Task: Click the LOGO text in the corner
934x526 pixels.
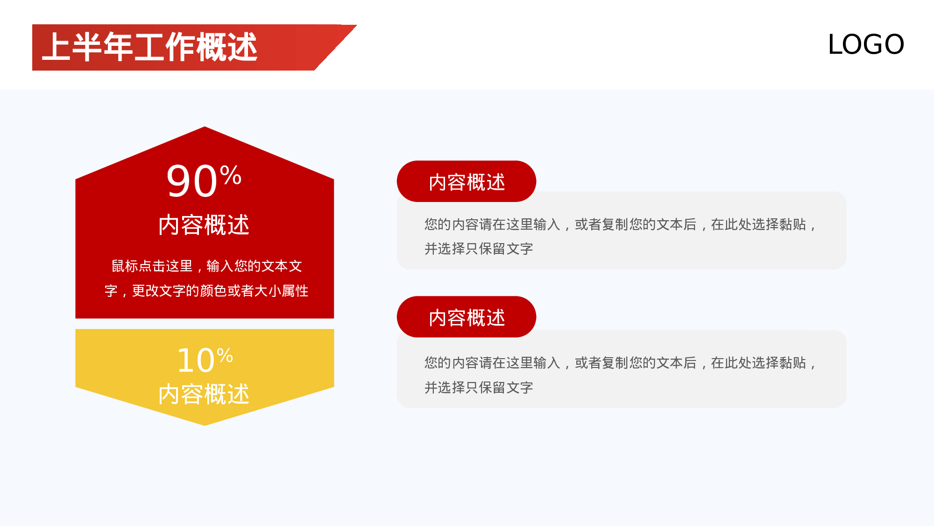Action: pyautogui.click(x=866, y=44)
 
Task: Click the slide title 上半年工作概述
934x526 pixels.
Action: pyautogui.click(x=149, y=47)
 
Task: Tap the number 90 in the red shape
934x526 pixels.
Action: pyautogui.click(x=191, y=181)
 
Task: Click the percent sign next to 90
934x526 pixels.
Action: pyautogui.click(x=231, y=175)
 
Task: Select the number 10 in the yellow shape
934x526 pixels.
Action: pyautogui.click(x=196, y=361)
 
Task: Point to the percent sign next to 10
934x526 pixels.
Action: pyautogui.click(x=225, y=356)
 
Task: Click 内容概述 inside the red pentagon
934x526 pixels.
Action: pyautogui.click(x=204, y=225)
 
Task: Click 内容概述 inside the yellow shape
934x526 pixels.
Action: pyautogui.click(x=204, y=394)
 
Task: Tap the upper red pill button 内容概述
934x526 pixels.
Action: pyautogui.click(x=467, y=182)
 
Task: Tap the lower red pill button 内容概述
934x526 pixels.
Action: pyautogui.click(x=467, y=317)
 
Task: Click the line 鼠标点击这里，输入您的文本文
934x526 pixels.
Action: pyautogui.click(x=206, y=266)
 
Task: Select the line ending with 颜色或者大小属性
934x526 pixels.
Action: pyautogui.click(x=206, y=291)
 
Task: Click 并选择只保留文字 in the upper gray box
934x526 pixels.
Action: pyautogui.click(x=479, y=249)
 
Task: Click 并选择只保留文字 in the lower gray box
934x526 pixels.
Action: pyautogui.click(x=479, y=388)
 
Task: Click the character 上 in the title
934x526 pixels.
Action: pyautogui.click(x=57, y=47)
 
